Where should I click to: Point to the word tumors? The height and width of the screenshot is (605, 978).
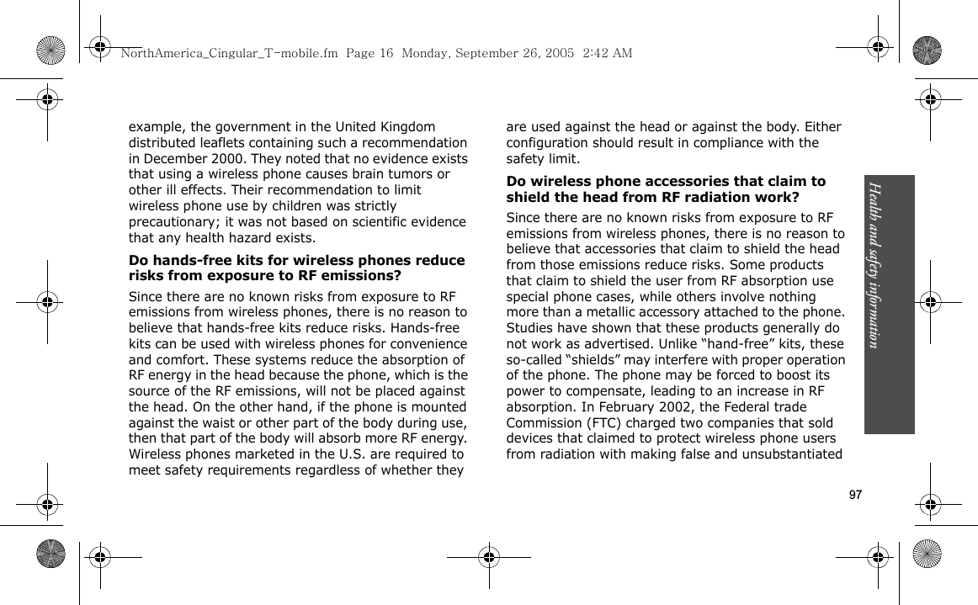[402, 174]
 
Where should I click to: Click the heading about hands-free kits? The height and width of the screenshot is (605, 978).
[296, 268]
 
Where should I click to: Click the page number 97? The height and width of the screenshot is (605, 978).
[855, 495]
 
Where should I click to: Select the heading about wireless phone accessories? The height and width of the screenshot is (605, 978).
[665, 189]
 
